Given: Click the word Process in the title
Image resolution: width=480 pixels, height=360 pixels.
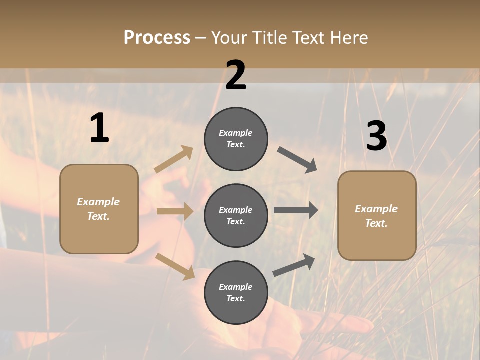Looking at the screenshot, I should pos(157,38).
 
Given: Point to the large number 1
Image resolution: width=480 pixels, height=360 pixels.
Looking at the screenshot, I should pos(99,128).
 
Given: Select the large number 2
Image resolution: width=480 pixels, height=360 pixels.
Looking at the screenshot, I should pos(236,75).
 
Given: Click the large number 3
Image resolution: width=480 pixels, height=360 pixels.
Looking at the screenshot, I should pos(376,136).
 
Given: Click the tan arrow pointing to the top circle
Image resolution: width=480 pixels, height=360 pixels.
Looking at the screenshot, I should pos(174,159).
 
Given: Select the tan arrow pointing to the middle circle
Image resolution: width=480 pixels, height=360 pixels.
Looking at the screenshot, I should pos(175,211).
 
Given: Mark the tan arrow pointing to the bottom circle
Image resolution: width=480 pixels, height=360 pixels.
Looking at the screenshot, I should pos(175,266).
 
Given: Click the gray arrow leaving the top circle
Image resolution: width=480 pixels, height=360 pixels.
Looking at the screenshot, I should pos(297,160).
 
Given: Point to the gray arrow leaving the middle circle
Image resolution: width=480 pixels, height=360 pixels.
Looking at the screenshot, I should pos(296,210).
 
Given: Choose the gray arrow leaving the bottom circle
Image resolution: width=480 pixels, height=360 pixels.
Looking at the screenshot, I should pos(294,265).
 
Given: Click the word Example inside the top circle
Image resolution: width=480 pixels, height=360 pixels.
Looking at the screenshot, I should pos(235,133).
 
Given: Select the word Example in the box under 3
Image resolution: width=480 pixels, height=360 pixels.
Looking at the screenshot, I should pos(376,209).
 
